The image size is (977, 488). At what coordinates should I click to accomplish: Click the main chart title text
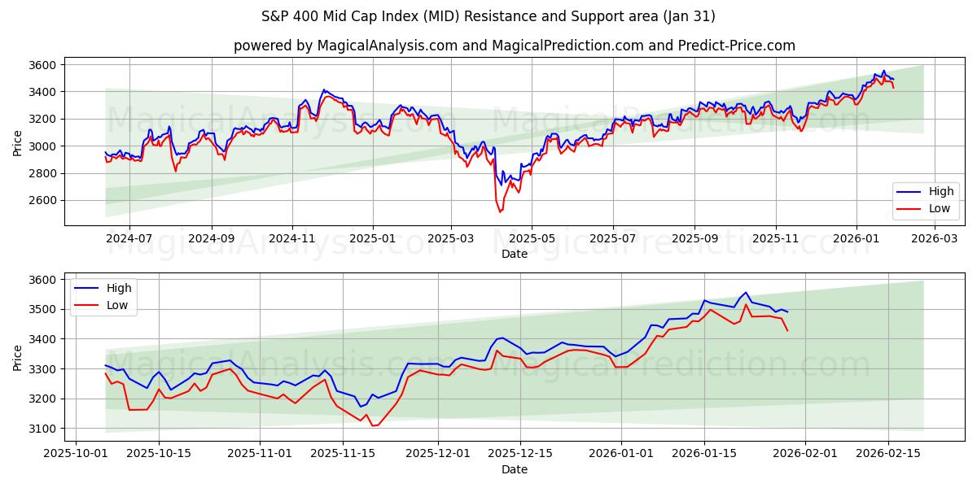488,16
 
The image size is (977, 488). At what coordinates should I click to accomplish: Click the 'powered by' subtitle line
515,46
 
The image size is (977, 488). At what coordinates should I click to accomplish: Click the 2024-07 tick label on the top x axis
130,238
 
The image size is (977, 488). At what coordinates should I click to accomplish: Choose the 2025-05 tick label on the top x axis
532,238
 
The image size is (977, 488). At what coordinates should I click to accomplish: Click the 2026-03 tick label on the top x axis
933,238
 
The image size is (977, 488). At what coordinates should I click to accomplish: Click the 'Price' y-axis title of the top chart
18,142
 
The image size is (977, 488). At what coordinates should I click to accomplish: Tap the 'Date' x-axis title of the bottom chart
515,469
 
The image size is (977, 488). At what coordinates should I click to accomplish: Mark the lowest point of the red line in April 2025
500,211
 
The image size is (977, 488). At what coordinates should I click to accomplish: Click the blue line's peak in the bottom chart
746,293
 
